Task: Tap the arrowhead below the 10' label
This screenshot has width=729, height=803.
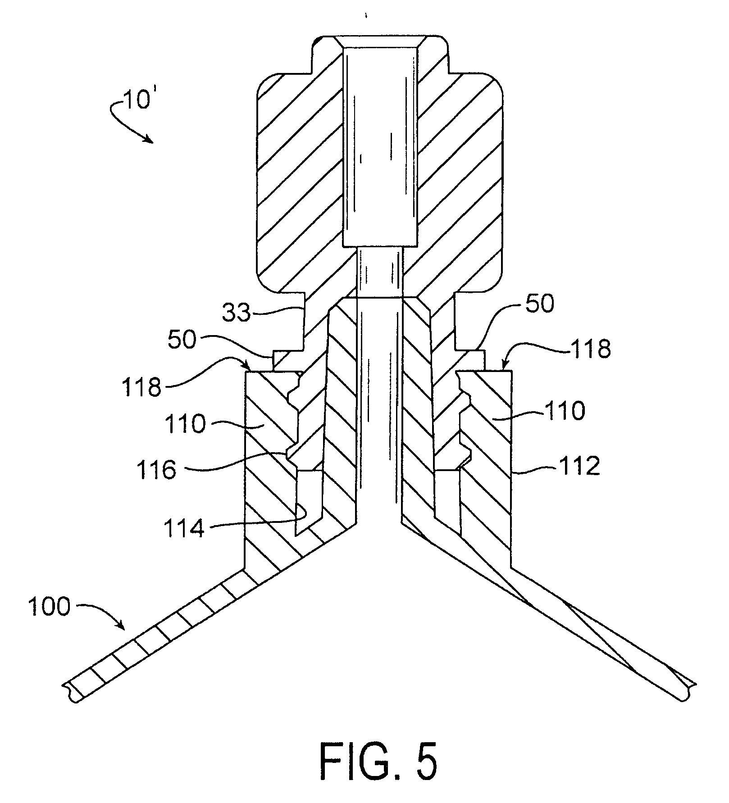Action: (149, 140)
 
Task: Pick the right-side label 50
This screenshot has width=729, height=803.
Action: (540, 304)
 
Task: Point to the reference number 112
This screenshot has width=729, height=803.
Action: (580, 467)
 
